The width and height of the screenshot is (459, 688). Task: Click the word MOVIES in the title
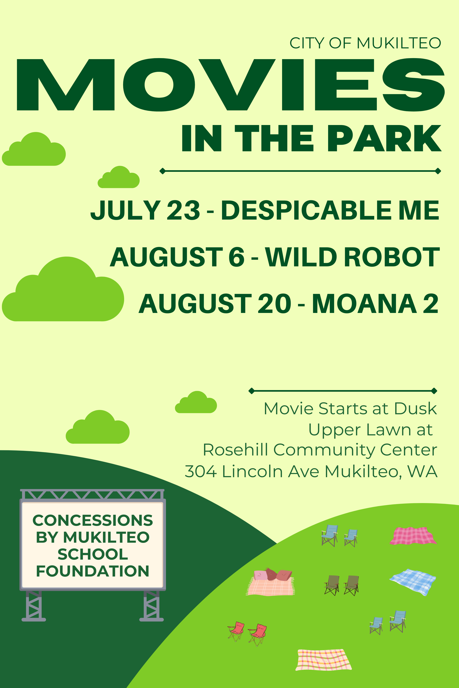(x=231, y=85)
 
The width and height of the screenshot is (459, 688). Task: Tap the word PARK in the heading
(x=384, y=138)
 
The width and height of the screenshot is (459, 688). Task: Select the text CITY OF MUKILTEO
(x=365, y=43)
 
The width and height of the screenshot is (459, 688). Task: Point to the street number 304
(x=201, y=472)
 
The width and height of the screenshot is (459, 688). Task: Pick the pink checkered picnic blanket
(x=413, y=536)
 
